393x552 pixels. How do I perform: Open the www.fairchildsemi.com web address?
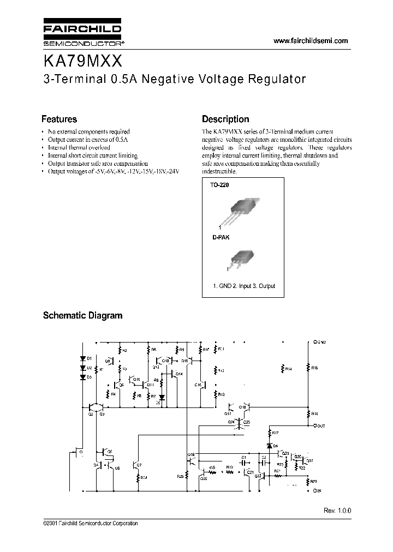[x=309, y=41]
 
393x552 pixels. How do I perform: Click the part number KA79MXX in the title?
[x=84, y=58]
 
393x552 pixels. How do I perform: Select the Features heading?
[x=59, y=119]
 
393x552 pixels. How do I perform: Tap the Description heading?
[x=225, y=119]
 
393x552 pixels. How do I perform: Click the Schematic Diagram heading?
[x=82, y=315]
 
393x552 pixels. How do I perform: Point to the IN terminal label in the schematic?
[x=317, y=491]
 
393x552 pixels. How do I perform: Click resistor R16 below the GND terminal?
[x=308, y=368]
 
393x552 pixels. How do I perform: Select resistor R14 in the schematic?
[x=282, y=369]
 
